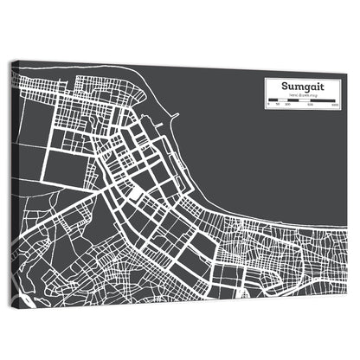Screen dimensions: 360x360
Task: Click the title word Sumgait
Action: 301,87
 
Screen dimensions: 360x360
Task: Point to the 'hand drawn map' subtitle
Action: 301,96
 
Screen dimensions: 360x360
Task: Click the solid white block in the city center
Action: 137,190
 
